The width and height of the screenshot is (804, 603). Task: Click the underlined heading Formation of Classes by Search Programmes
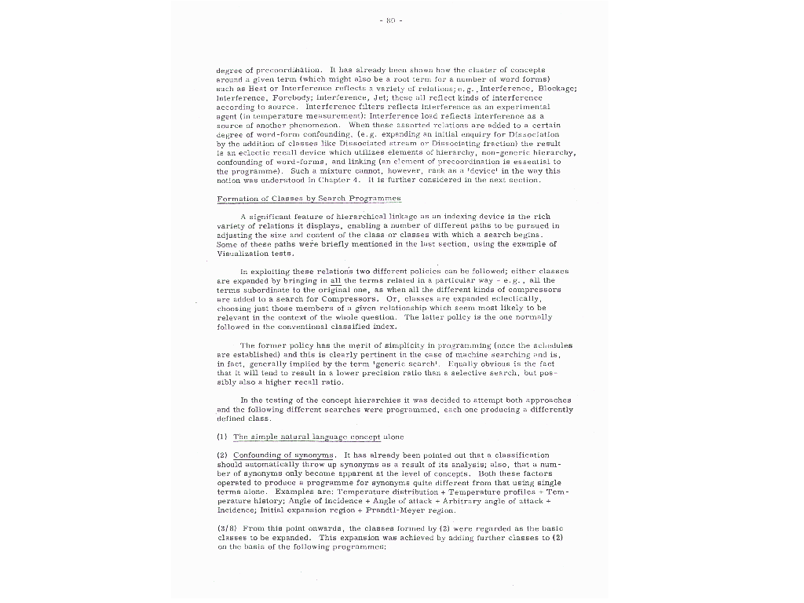point(309,199)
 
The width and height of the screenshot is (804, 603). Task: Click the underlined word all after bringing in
point(336,280)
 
